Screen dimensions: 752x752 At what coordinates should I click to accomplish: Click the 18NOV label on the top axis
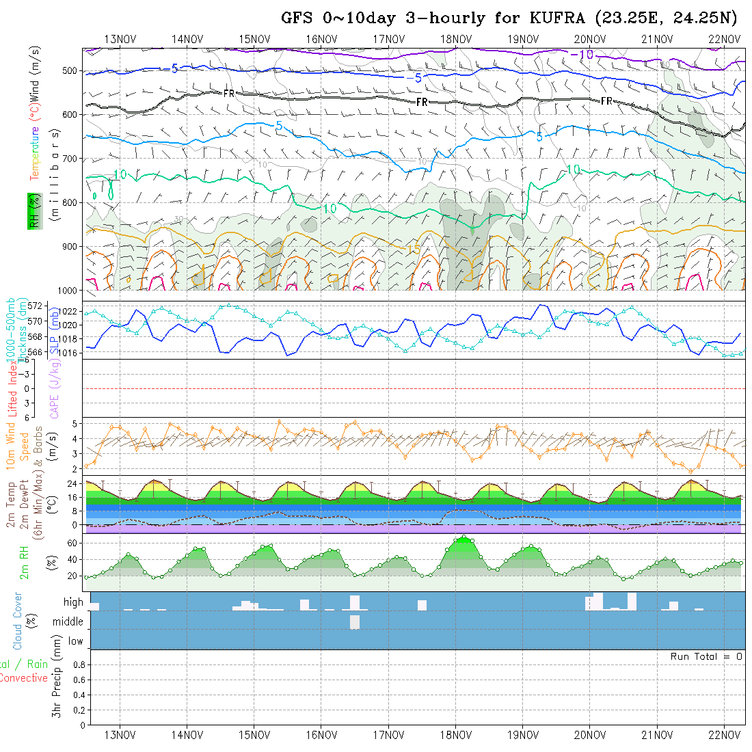pyautogui.click(x=455, y=39)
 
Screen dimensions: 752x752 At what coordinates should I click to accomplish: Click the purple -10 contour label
pyautogui.click(x=582, y=55)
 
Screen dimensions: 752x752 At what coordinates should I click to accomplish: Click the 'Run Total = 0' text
pyautogui.click(x=706, y=656)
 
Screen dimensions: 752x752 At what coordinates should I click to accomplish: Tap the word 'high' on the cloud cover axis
pyautogui.click(x=73, y=602)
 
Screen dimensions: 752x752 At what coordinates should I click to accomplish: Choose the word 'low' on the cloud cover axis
pyautogui.click(x=75, y=641)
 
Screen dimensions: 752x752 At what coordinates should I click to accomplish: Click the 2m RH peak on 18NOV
pyautogui.click(x=464, y=537)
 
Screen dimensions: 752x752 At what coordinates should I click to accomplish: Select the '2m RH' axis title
pyautogui.click(x=25, y=563)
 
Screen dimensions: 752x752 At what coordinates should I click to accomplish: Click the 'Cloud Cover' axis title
pyautogui.click(x=18, y=621)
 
